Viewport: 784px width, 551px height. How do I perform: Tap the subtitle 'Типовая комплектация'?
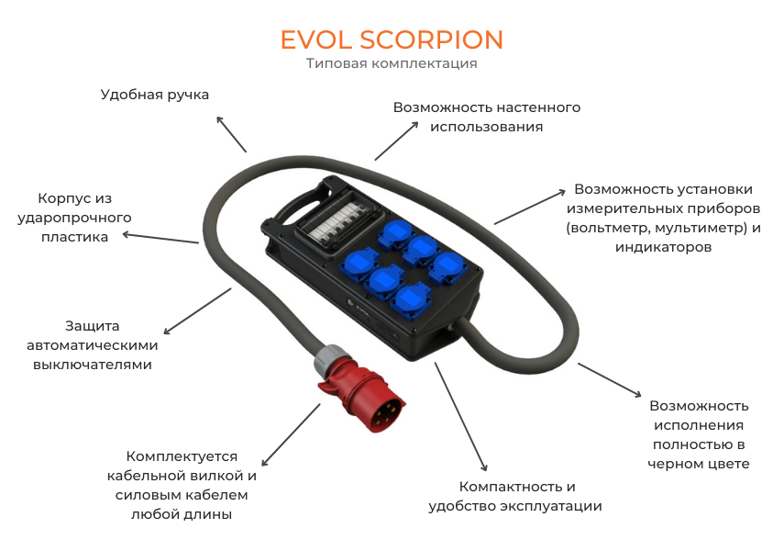[x=392, y=63]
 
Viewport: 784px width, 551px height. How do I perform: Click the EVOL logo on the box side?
[x=358, y=306]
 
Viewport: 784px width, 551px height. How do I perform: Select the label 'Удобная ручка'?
[x=154, y=95]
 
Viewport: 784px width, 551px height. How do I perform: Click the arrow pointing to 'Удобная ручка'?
[x=231, y=134]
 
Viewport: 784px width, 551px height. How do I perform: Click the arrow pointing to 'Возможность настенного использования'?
[x=396, y=141]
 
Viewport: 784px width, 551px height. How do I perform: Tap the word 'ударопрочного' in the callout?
[x=74, y=218]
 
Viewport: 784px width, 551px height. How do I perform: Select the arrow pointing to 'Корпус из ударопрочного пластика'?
[x=160, y=238]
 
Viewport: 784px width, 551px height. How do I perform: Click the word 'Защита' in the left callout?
[x=93, y=326]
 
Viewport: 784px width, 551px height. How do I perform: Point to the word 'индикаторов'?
[x=663, y=247]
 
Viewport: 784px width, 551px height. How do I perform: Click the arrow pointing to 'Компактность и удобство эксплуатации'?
[x=460, y=417]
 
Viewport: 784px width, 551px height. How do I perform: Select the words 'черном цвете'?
[x=698, y=464]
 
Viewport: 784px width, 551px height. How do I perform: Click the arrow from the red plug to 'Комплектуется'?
[x=291, y=435]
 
